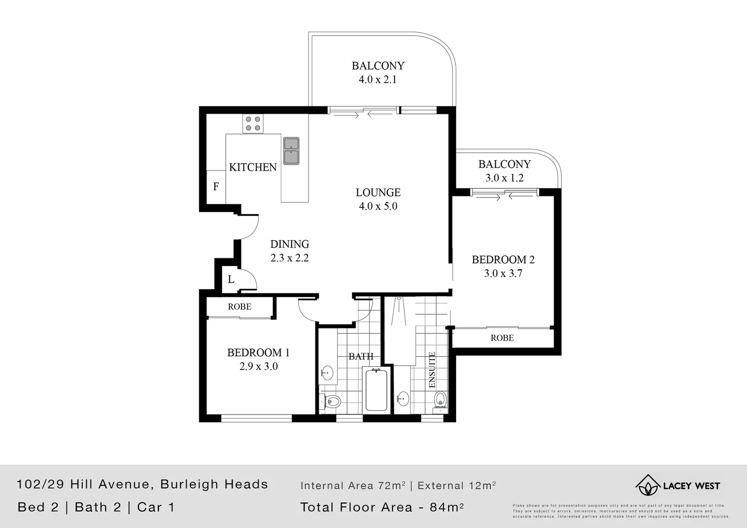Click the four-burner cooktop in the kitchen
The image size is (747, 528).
253,123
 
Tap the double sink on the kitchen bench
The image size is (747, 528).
291,151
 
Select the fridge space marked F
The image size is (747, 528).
216,187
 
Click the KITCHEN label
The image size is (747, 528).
253,167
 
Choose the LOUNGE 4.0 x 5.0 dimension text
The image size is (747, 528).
378,206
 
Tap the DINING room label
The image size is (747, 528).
289,244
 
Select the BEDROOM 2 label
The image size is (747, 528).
503,260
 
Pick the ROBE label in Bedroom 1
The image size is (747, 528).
240,307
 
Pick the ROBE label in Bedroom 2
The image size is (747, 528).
502,338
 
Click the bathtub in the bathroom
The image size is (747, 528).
376,390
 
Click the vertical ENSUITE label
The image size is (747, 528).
432,370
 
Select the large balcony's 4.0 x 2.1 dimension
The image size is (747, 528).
377,80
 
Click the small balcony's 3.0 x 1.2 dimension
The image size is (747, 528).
504,178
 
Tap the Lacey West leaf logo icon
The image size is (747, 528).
647,485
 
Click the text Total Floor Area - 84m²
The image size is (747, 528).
381,507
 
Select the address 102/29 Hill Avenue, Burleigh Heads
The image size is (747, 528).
142,484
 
